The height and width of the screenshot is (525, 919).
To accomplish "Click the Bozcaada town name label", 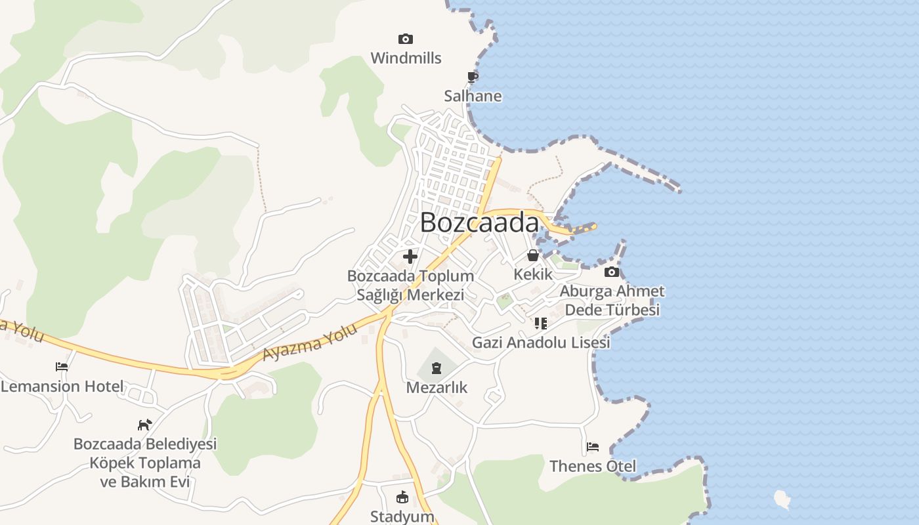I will click(479, 222).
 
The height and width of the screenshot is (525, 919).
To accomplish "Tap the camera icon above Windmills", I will click(406, 39).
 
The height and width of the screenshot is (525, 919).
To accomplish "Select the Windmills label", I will click(406, 58).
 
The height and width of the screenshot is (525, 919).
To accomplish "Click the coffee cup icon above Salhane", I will click(472, 77).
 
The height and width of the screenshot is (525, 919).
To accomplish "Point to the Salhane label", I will click(473, 96).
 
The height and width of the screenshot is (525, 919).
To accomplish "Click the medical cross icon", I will click(410, 256).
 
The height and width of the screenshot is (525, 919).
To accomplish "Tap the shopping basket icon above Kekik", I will click(533, 255).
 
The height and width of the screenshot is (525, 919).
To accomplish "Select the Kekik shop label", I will click(533, 274).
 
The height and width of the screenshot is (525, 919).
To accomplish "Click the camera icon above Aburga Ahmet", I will click(612, 272).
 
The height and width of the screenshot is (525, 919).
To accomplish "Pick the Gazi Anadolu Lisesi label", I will click(541, 342).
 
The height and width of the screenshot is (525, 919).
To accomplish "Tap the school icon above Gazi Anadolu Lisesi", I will click(541, 323).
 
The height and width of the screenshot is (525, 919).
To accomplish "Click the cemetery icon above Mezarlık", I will click(437, 368).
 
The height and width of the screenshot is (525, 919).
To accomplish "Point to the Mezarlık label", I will click(437, 387).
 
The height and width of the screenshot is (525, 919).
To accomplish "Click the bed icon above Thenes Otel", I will click(593, 447).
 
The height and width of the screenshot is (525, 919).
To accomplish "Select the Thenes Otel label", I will click(593, 466).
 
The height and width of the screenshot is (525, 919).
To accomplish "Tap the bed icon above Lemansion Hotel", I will click(62, 367).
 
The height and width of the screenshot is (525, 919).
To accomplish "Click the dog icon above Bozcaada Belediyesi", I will click(144, 425).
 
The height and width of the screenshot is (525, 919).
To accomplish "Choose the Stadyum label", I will click(402, 516).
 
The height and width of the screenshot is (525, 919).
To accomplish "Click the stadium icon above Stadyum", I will click(402, 497).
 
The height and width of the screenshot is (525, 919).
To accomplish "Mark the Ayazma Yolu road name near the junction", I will click(310, 341).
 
